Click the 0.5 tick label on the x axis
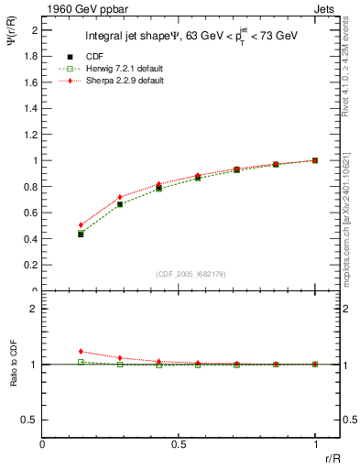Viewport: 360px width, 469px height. (179, 444)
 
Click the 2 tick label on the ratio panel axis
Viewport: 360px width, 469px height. (34, 309)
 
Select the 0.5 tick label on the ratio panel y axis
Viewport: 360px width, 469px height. (30, 420)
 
